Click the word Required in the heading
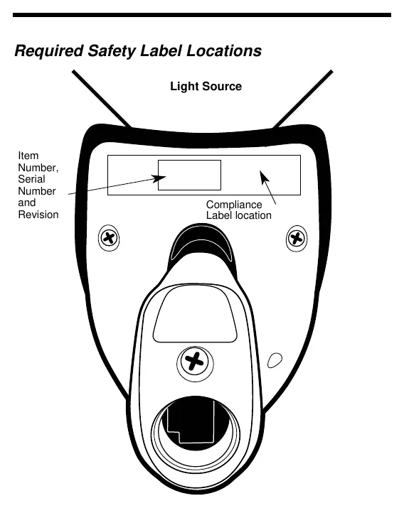(48, 51)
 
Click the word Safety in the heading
(112, 51)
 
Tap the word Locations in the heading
(224, 51)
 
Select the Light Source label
(206, 86)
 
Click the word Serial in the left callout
(31, 179)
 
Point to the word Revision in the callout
(38, 215)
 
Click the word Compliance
(234, 205)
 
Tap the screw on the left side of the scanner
(109, 238)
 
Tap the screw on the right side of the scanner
(297, 239)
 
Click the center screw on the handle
(195, 362)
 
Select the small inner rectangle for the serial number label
(189, 175)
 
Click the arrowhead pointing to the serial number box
(159, 178)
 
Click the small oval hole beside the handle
(275, 360)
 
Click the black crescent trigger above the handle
(201, 240)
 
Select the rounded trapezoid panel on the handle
(195, 315)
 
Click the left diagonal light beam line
(102, 99)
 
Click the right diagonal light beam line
(303, 99)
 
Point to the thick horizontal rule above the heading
(202, 15)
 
